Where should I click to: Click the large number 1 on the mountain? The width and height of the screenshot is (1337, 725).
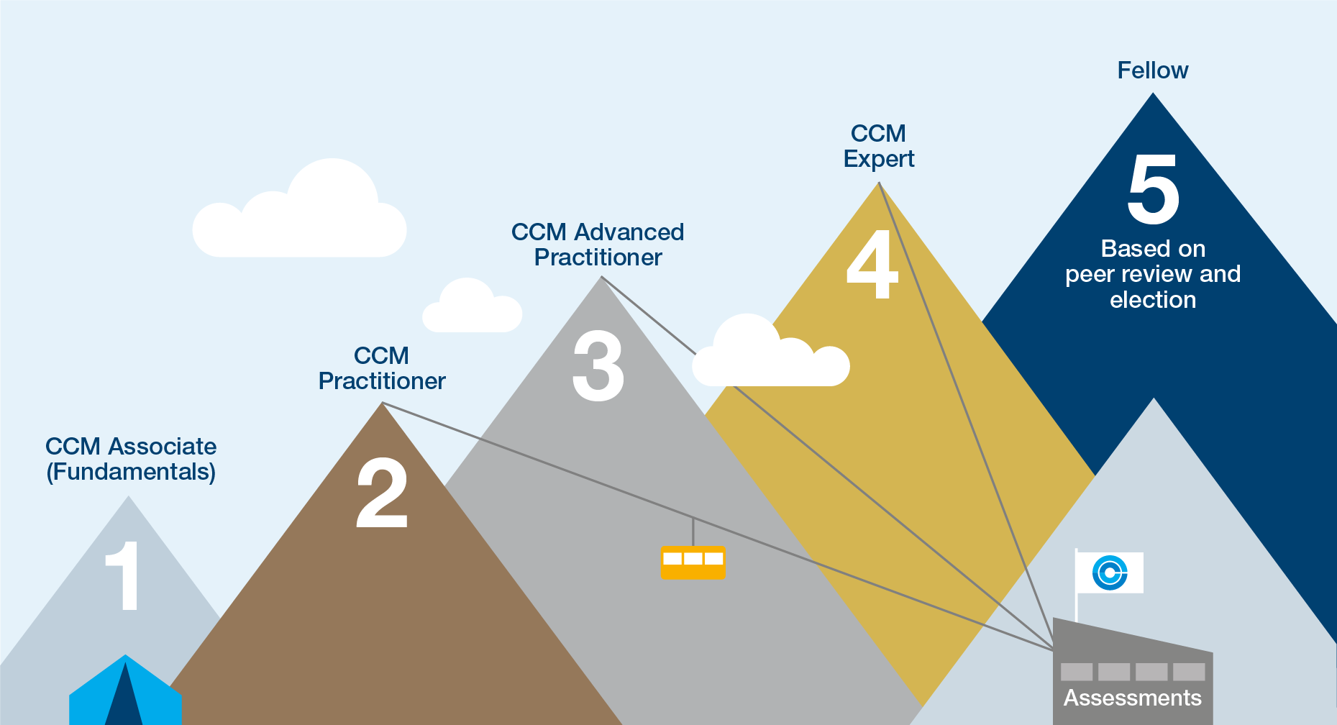(x=123, y=575)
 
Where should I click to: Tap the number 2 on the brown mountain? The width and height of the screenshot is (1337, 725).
(x=382, y=493)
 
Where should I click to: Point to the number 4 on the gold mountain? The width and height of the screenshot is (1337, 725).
(x=872, y=264)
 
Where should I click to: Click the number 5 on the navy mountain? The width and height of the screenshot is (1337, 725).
(x=1153, y=189)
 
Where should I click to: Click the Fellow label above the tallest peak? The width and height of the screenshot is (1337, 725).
(x=1152, y=70)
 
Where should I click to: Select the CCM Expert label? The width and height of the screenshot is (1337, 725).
(x=878, y=146)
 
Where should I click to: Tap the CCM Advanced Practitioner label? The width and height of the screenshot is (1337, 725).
(x=598, y=245)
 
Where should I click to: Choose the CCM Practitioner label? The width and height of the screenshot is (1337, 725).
(x=382, y=368)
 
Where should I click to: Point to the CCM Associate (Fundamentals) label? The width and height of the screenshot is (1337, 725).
(x=131, y=459)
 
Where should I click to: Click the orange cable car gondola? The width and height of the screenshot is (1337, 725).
(x=693, y=562)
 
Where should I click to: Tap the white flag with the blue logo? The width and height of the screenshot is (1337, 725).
(x=1109, y=573)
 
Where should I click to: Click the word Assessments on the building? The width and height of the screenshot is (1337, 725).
(x=1132, y=698)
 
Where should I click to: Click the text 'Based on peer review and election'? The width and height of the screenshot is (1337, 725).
(x=1152, y=274)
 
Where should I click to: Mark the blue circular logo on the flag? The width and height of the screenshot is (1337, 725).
(x=1109, y=573)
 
